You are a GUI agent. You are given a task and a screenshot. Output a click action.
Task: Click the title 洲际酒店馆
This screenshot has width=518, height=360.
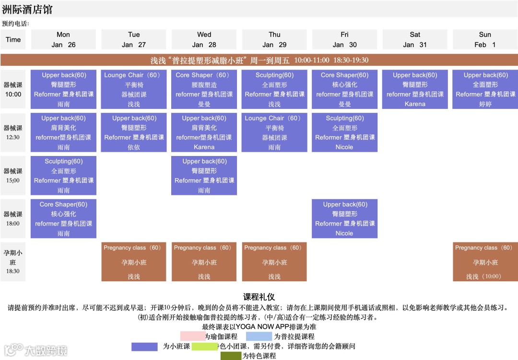click(27, 10)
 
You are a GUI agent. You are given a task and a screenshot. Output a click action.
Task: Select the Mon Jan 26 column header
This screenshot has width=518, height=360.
click(63, 39)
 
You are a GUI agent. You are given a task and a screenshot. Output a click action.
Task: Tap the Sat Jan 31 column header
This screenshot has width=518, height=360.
click(415, 39)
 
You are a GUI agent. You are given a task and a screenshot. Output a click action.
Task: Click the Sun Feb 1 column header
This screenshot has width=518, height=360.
click(485, 39)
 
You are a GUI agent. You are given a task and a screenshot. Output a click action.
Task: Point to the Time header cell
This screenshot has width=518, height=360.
click(13, 39)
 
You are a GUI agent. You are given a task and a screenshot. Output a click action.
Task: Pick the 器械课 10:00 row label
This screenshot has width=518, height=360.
click(13, 89)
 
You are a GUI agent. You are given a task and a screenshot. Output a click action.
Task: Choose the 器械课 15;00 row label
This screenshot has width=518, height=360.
click(13, 176)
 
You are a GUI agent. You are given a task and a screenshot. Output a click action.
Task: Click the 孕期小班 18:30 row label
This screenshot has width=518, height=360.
click(13, 262)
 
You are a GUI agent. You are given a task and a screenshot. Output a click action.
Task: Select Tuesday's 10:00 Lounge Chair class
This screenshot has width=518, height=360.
click(134, 89)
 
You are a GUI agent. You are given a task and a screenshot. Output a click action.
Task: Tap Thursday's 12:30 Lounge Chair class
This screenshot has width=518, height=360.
click(274, 132)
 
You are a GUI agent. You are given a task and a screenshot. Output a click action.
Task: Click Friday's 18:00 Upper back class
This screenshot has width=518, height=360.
click(344, 219)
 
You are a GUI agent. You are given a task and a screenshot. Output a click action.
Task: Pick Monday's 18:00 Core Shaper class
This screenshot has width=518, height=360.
click(63, 219)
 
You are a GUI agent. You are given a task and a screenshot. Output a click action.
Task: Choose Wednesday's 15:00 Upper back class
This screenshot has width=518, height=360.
click(204, 176)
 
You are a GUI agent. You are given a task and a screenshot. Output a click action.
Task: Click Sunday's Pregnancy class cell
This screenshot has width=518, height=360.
click(485, 262)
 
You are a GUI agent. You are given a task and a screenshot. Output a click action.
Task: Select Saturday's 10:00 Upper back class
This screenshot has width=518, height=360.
click(415, 89)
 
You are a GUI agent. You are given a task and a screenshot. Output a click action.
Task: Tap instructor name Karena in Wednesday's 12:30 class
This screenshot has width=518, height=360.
click(204, 147)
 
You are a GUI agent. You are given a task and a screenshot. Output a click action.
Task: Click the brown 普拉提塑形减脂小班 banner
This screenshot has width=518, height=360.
click(259, 60)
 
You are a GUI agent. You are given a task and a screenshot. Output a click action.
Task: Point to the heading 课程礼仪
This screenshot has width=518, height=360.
click(259, 297)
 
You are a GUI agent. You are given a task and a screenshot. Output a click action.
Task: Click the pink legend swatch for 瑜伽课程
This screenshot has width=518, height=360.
click(192, 336)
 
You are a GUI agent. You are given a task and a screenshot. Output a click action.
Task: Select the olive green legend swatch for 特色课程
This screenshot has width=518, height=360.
click(231, 356)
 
